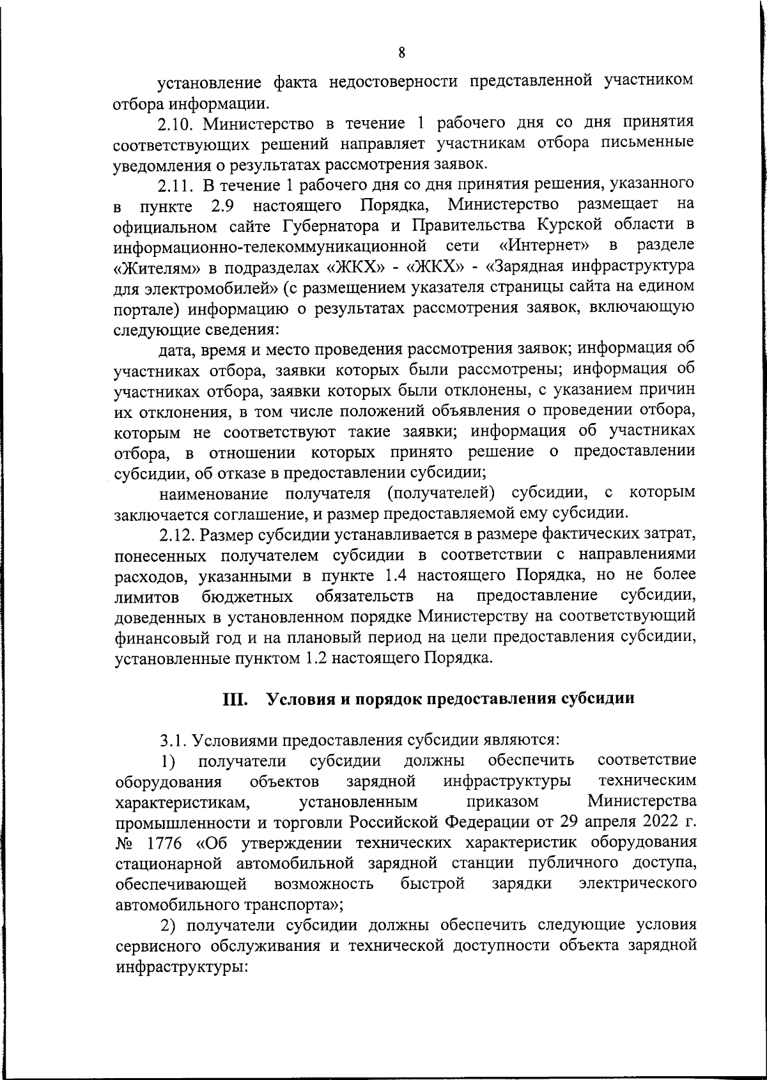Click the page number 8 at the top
[x=401, y=54]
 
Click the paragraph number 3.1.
[x=173, y=740]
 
